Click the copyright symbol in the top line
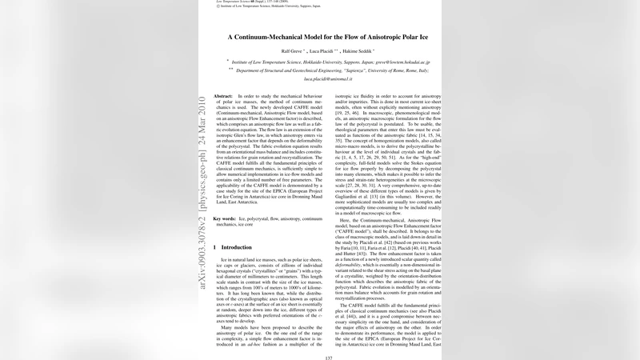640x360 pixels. tap(219, 7)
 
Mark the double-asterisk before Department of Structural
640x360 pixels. tap(231, 70)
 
